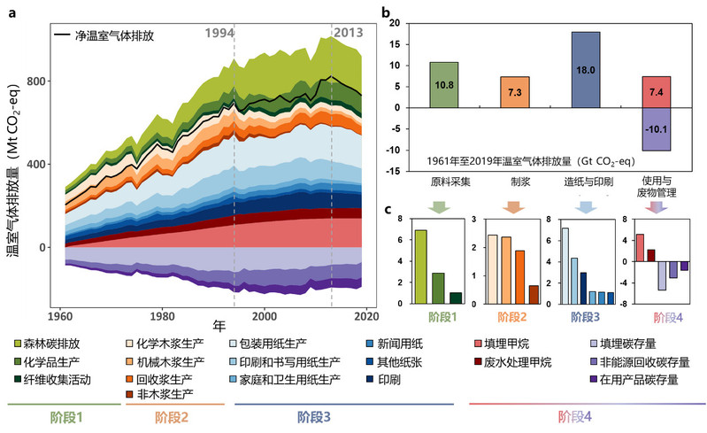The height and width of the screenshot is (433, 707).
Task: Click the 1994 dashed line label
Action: [x=220, y=33]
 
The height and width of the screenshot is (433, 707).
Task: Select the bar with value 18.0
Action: [x=586, y=70]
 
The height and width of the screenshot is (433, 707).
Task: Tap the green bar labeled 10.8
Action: [x=443, y=85]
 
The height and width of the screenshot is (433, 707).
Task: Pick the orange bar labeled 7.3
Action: [x=515, y=92]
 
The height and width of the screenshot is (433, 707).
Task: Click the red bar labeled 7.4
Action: [x=657, y=91]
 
